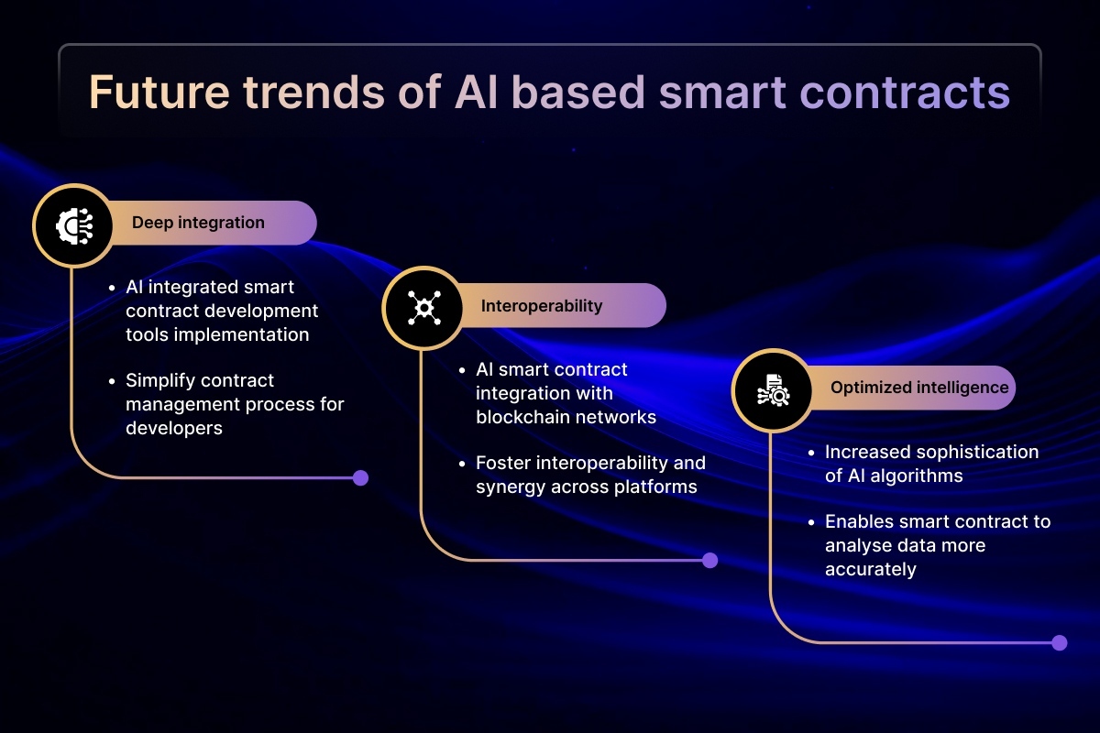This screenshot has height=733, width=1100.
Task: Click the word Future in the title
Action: [159, 92]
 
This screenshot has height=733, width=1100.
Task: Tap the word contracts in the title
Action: [905, 93]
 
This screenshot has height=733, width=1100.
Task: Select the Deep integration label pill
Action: [211, 223]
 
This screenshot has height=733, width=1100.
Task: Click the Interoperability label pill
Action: [561, 305]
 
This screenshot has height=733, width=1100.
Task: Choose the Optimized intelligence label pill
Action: [911, 388]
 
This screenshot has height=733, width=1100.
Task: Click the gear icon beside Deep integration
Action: [74, 225]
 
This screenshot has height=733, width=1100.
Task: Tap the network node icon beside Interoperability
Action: [423, 309]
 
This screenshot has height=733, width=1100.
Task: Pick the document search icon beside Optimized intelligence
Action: [773, 390]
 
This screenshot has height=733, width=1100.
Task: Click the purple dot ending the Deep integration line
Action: [360, 477]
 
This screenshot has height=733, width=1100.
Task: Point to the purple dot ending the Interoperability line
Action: [709, 560]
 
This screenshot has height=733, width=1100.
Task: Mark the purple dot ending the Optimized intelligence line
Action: [1060, 642]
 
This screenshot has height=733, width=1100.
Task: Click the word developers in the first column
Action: [174, 428]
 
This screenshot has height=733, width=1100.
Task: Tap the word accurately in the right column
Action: [870, 570]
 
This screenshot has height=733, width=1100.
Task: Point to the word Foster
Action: [502, 463]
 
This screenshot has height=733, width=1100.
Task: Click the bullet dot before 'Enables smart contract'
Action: [810, 523]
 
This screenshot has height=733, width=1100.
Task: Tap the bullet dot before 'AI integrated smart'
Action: [112, 289]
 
